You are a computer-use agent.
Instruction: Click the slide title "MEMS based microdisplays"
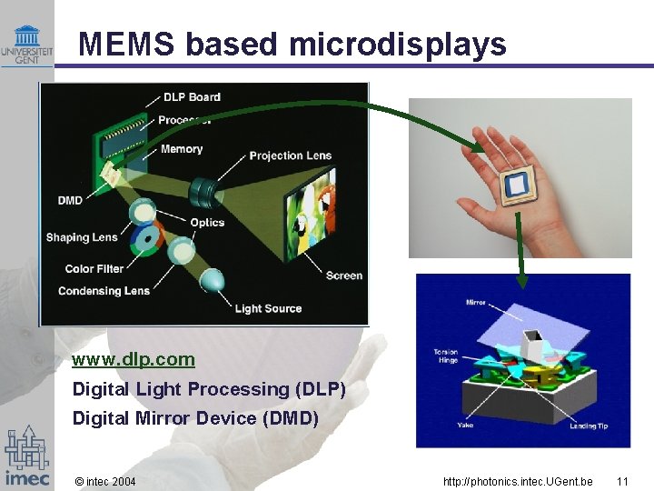292,44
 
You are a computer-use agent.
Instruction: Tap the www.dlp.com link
134,359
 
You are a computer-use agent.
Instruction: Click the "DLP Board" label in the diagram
192,97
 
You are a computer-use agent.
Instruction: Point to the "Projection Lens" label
290,155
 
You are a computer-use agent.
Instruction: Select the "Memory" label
181,149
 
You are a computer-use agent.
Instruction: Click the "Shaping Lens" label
82,237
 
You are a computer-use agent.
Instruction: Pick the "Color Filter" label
94,269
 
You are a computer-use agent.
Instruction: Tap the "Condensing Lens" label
104,291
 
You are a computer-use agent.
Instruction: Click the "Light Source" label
268,309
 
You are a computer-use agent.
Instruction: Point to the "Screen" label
343,276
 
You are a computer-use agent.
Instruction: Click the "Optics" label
207,224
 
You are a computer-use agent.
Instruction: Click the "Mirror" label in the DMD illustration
475,302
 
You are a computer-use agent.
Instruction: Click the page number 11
622,481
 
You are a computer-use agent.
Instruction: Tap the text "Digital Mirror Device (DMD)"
195,418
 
